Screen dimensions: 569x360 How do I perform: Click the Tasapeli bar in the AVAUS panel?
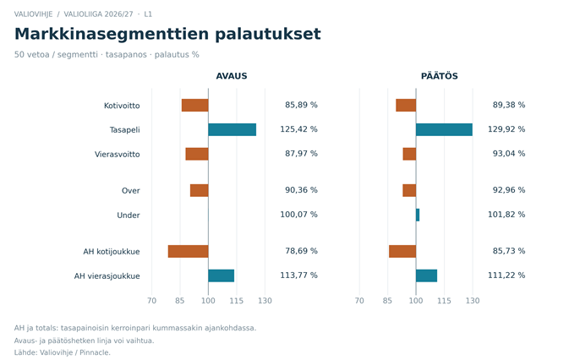click(233, 130)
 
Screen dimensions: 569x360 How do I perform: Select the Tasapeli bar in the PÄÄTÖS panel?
click(444, 130)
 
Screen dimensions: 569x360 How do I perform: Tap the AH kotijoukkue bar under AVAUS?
click(188, 252)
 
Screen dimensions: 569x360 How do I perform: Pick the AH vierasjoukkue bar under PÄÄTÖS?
click(426, 275)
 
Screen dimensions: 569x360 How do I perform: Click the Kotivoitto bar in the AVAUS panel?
click(194, 105)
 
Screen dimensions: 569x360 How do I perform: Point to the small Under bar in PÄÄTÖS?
click(418, 215)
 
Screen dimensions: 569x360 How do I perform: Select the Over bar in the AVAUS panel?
click(200, 191)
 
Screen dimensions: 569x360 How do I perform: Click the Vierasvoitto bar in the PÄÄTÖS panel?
click(409, 154)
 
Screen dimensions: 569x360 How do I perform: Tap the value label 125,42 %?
click(298, 129)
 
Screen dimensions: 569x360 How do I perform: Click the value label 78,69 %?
click(301, 251)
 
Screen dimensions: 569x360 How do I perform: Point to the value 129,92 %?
click(506, 129)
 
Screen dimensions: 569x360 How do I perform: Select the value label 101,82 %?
click(506, 215)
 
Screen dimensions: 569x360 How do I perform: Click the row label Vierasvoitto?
click(118, 155)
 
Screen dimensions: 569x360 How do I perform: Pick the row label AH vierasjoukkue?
click(107, 276)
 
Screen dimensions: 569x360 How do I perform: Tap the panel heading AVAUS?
click(232, 76)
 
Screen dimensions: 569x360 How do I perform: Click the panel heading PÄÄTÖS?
click(440, 76)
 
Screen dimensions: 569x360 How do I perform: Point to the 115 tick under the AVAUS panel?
click(236, 301)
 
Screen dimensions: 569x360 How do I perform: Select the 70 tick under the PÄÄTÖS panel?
click(359, 301)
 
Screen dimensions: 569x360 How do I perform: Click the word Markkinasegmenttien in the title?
click(112, 35)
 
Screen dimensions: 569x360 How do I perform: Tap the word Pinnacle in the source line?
click(95, 352)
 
